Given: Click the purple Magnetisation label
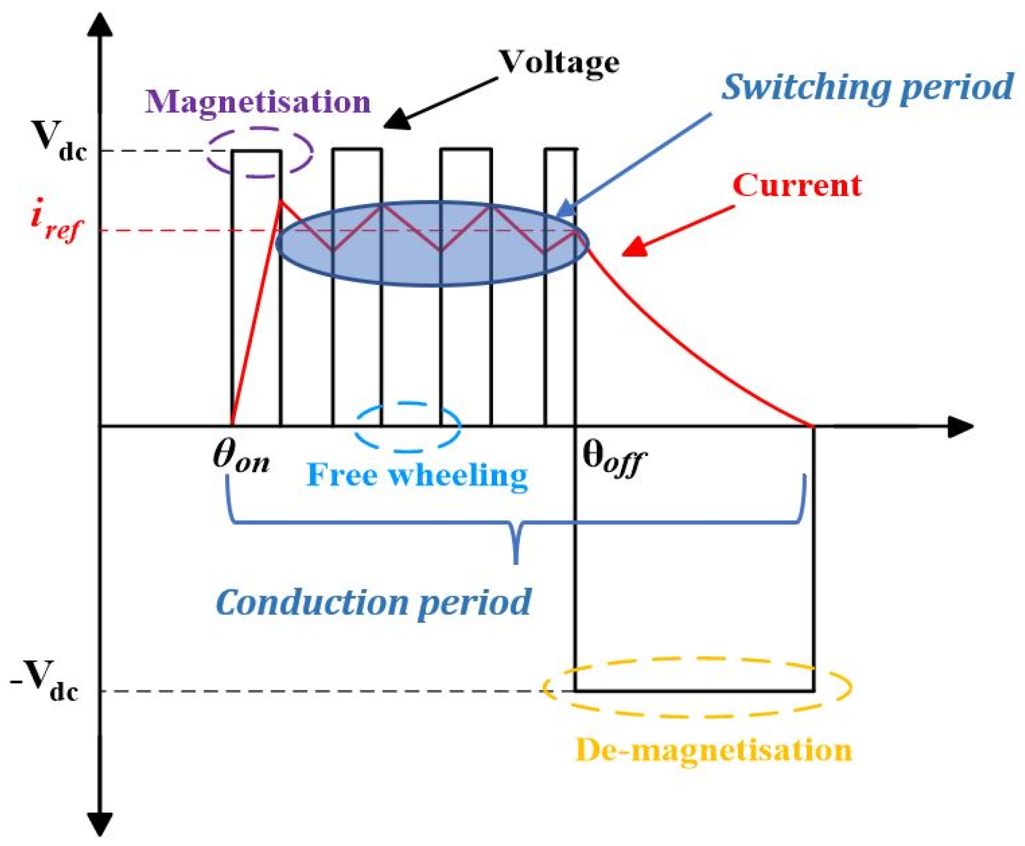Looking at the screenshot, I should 257,101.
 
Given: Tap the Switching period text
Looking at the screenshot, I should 866,87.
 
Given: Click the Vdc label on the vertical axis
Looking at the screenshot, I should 58,141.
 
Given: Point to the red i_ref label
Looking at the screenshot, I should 56,220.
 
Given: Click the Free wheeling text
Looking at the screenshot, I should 417,476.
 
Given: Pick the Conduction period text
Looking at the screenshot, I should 373,602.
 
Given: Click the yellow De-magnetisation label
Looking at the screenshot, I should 713,750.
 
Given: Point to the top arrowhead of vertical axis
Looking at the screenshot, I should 100,24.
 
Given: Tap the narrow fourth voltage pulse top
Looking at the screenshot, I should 561,149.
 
